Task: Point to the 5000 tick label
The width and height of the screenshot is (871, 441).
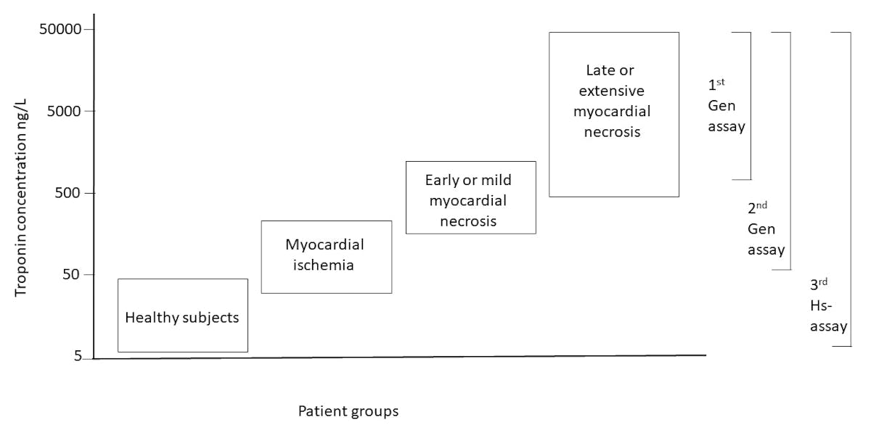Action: click(x=65, y=112)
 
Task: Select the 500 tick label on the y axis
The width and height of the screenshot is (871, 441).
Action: click(x=68, y=194)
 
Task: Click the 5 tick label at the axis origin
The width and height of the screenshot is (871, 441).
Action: click(x=78, y=358)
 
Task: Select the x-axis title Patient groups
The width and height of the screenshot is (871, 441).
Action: click(x=348, y=411)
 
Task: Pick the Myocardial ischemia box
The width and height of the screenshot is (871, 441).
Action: click(x=326, y=257)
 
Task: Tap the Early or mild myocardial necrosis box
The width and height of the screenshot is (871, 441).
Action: click(x=470, y=197)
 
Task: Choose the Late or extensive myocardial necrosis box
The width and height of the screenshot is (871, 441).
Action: click(x=613, y=115)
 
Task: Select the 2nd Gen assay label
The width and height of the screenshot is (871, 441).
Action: click(x=765, y=229)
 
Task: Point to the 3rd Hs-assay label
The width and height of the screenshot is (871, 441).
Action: click(x=828, y=305)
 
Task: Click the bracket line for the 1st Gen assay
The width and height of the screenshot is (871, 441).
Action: click(x=751, y=106)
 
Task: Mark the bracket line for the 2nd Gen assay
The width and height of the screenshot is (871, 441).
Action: click(x=790, y=151)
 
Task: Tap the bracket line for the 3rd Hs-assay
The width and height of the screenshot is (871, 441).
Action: click(x=851, y=189)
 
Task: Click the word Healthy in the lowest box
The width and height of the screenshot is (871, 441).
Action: click(x=150, y=318)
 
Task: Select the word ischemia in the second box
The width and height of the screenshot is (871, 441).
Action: click(x=324, y=265)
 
